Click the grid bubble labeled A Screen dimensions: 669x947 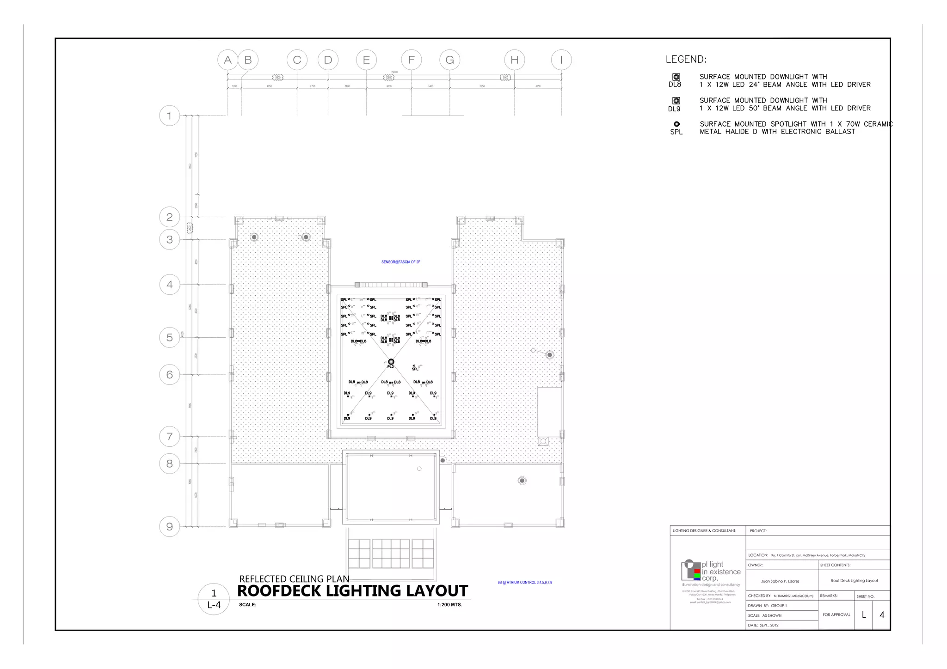point(228,60)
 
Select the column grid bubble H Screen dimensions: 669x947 point(514,60)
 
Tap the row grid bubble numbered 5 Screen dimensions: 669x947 point(170,338)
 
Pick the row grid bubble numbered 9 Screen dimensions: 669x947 point(170,527)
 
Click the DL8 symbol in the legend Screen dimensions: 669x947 point(676,77)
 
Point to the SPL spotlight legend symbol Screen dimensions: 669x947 point(676,124)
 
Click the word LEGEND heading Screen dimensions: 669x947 point(686,60)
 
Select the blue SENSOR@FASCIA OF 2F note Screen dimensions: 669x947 point(400,262)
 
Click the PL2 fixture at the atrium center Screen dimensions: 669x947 point(391,362)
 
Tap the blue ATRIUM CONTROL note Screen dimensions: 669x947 point(524,583)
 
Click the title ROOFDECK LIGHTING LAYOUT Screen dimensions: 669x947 point(352,591)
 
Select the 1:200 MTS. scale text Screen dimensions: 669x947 point(449,605)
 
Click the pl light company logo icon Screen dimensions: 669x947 point(691,570)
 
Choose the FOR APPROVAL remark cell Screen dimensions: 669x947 point(836,615)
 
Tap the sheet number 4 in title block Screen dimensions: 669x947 point(881,615)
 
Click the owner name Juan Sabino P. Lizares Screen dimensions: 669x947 point(780,581)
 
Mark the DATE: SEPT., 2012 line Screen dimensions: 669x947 point(763,625)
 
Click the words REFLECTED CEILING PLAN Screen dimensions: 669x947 point(294,579)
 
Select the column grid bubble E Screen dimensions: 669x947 point(366,60)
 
